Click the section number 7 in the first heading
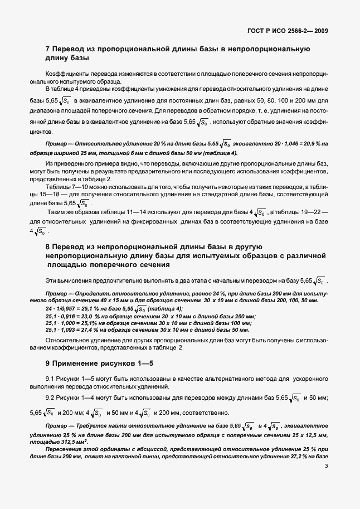click(47, 49)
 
